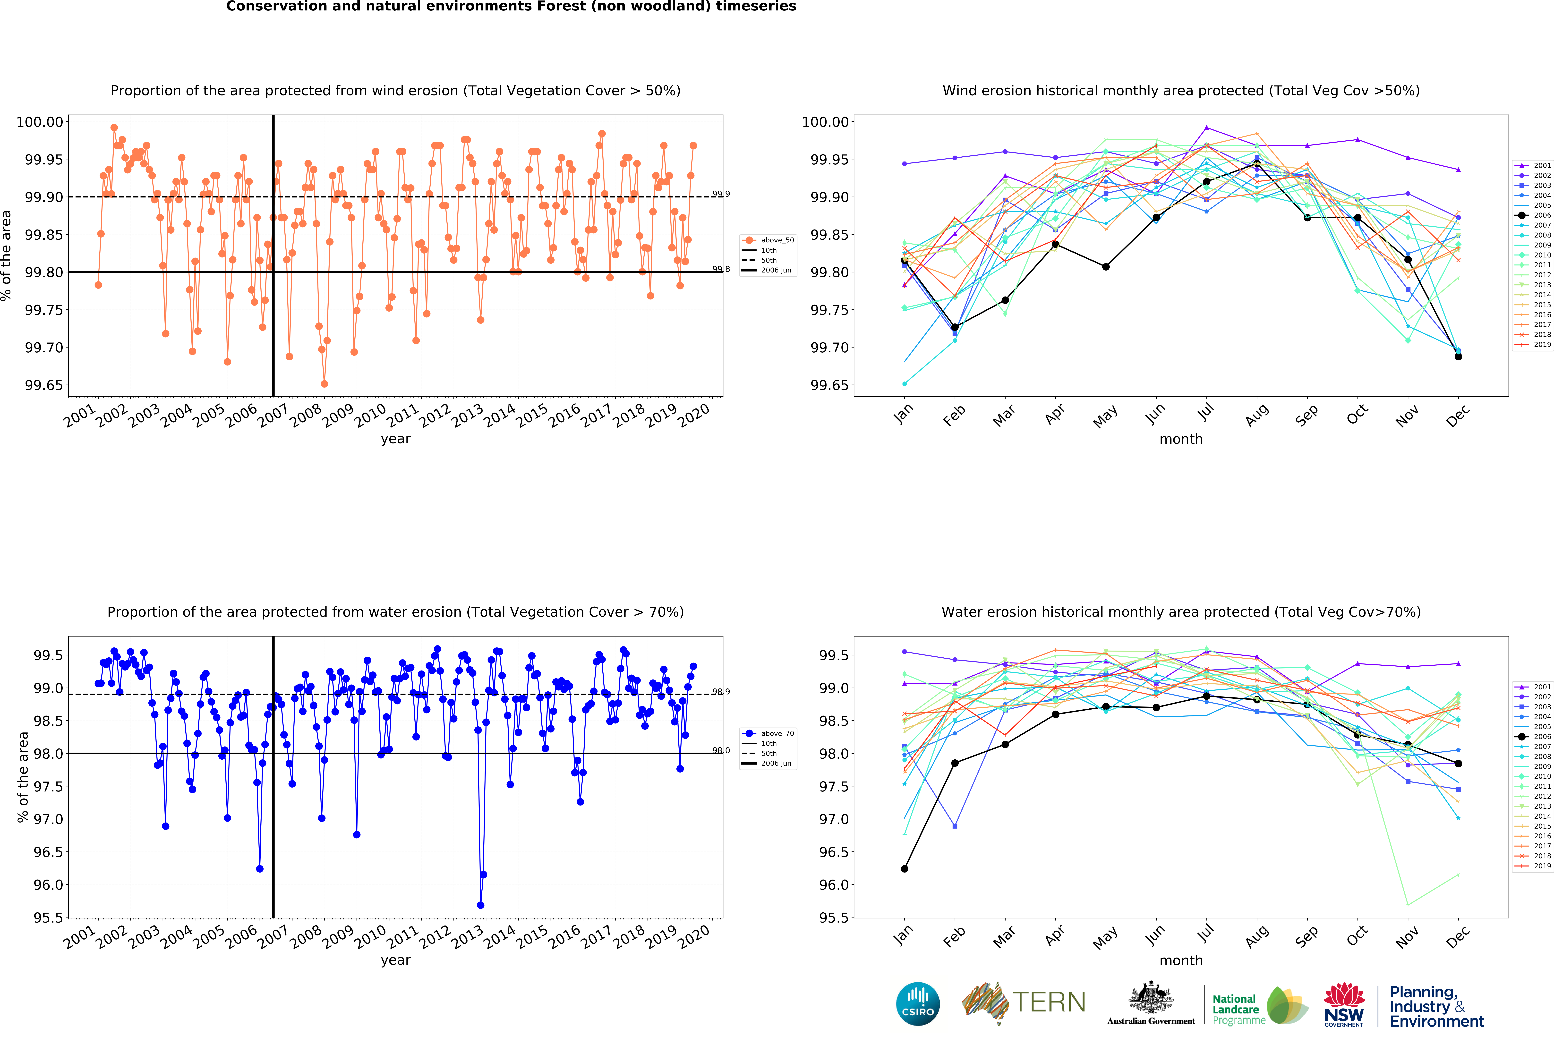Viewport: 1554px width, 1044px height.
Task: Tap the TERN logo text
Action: click(1049, 1002)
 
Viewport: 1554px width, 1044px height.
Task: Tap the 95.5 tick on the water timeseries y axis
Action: click(48, 917)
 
